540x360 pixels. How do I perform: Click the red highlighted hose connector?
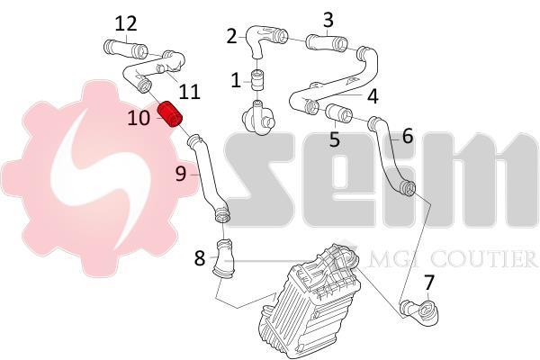click(169, 114)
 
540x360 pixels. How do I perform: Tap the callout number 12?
click(126, 24)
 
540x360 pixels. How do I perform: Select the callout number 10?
click(139, 118)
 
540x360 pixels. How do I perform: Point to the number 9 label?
click(181, 174)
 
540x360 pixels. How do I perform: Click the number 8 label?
click(200, 258)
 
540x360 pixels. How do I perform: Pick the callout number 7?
click(428, 283)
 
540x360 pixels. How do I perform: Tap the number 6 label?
click(408, 136)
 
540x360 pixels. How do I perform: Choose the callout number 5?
click(335, 139)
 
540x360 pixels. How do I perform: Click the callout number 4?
click(373, 96)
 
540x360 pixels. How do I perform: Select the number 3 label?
click(328, 20)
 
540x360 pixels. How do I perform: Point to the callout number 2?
click(232, 36)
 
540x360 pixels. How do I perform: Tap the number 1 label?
click(236, 81)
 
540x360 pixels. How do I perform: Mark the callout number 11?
click(189, 92)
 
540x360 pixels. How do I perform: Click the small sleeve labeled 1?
click(256, 79)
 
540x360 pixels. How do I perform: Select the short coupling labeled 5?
click(339, 112)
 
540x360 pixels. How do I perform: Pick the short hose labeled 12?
click(126, 49)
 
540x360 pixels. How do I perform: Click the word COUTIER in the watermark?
click(483, 259)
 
